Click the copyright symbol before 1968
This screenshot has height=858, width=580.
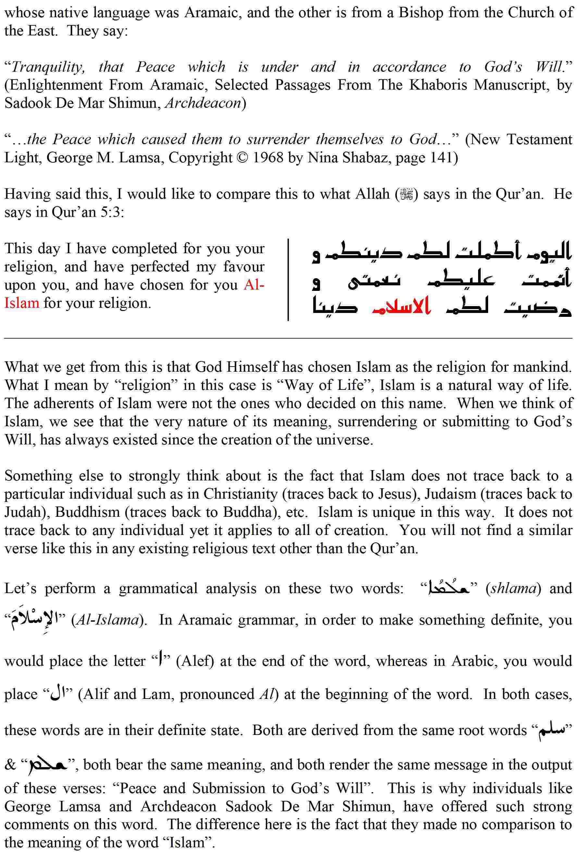pos(243,158)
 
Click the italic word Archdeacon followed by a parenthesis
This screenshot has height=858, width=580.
pos(202,103)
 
